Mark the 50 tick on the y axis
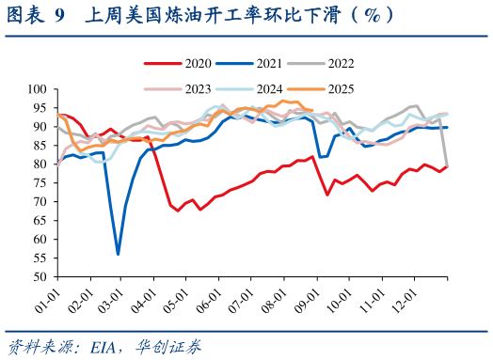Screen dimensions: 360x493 (40, 277)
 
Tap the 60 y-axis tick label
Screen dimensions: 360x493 (40, 240)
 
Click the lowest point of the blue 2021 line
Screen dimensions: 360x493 (118, 254)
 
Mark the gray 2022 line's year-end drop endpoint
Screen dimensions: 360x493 (446, 167)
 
